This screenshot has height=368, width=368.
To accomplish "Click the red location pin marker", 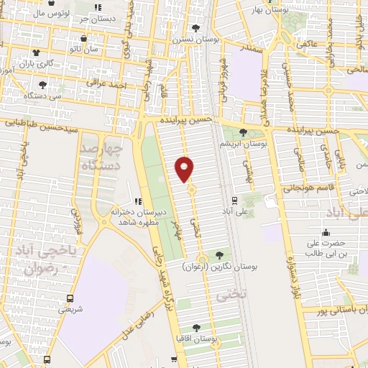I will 185,169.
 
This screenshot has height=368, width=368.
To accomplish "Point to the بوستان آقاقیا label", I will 197,337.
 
